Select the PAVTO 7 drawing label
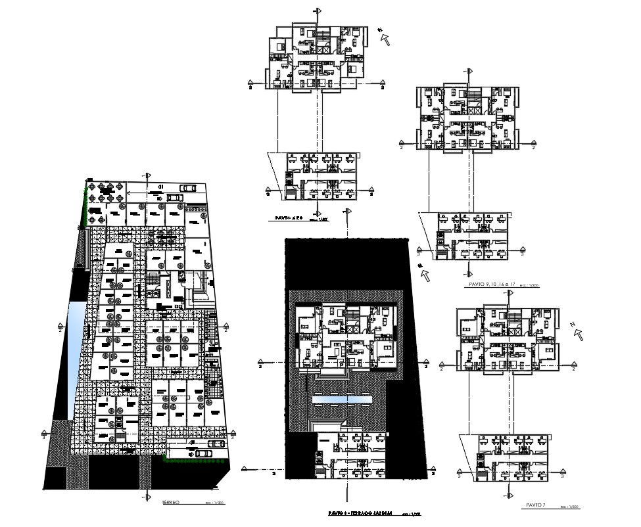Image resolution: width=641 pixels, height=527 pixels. (536, 505)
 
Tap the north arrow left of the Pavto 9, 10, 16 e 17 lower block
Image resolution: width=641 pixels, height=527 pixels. (425, 273)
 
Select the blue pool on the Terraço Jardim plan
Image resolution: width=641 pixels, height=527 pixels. (342, 399)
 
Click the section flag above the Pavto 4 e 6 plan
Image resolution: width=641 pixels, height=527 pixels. (319, 11)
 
